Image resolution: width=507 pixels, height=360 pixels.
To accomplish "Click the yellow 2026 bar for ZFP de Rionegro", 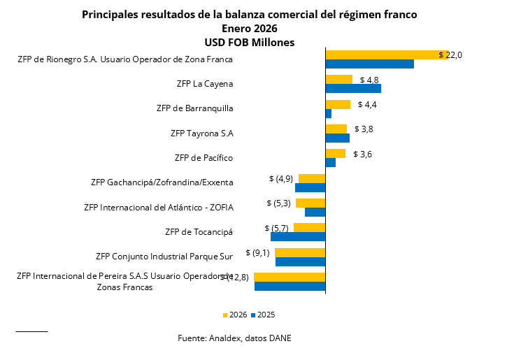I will click(386, 55).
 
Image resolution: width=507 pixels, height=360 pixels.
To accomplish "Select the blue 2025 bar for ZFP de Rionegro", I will click(369, 64).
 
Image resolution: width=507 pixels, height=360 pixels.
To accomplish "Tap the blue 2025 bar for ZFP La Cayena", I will click(353, 89).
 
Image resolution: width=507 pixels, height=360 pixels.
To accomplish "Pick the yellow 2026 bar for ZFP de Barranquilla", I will click(338, 104).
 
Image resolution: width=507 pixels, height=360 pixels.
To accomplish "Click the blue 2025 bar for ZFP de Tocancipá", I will click(298, 236).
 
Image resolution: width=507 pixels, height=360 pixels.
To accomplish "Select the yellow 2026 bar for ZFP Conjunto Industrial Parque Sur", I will click(300, 252).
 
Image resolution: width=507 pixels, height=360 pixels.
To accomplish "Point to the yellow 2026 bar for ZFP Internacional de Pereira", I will click(290, 277).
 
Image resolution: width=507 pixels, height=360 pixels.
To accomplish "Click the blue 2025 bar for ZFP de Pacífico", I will click(331, 163).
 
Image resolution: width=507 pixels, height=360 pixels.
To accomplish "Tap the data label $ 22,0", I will click(450, 55).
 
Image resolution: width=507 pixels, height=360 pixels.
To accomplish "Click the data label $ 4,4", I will click(367, 105).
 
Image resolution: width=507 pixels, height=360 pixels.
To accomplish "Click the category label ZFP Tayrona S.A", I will click(201, 133).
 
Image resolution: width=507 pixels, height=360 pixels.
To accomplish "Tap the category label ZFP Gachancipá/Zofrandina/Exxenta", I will click(162, 182).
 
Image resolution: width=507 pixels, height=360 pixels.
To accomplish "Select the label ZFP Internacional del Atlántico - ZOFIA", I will click(158, 207).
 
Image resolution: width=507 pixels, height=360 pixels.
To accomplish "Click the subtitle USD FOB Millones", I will click(249, 42).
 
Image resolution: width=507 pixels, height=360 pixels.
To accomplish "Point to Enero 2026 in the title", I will click(249, 29).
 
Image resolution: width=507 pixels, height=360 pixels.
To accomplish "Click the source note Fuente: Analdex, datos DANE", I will click(234, 338).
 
